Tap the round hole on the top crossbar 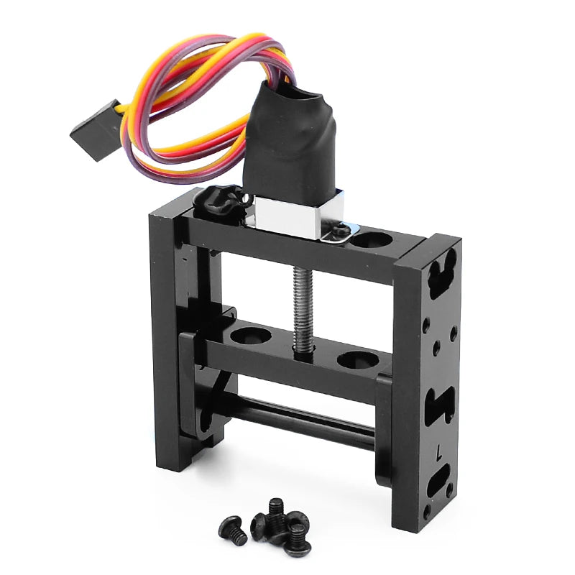[372, 239]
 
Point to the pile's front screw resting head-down [296, 540]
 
